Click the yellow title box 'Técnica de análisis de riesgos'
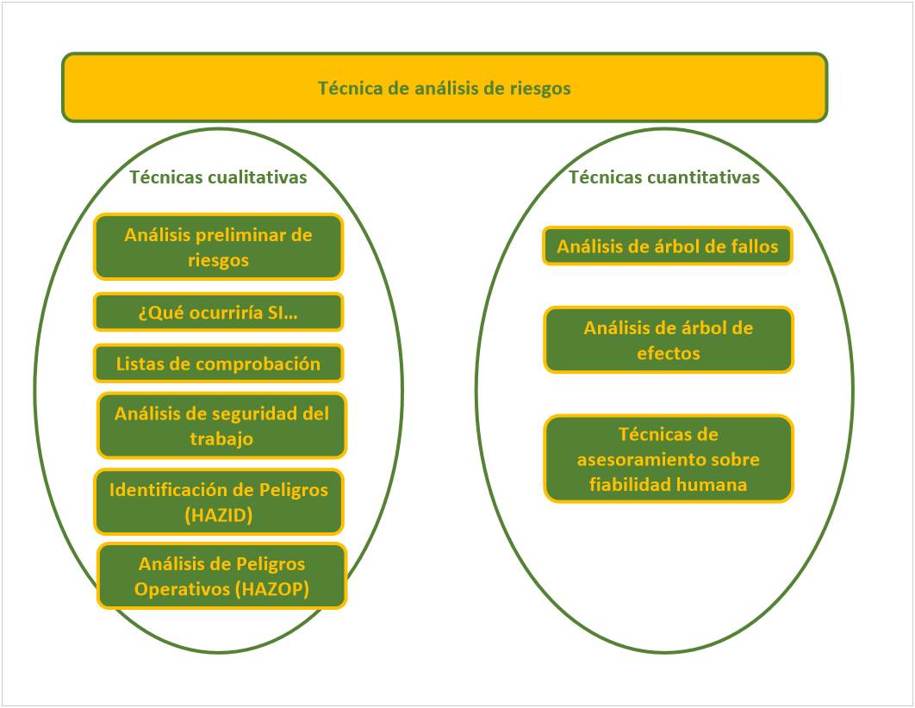pyautogui.click(x=444, y=88)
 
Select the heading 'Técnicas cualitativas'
pyautogui.click(x=218, y=177)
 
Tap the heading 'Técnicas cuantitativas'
pyautogui.click(x=663, y=177)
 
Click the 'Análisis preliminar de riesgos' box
pyautogui.click(x=218, y=247)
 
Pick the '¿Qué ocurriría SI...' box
pyautogui.click(x=218, y=313)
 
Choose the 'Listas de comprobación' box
pyautogui.click(x=218, y=363)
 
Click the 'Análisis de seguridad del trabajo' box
pyautogui.click(x=221, y=425)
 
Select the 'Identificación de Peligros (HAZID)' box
pyautogui.click(x=219, y=502)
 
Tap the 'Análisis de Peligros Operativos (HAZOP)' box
pyautogui.click(x=221, y=576)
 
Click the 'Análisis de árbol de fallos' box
pyautogui.click(x=667, y=247)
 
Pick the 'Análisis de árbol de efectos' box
pyautogui.click(x=668, y=340)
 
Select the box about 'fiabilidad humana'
pyautogui.click(x=668, y=459)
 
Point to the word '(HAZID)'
pyautogui.click(x=219, y=515)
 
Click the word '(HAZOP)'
pyautogui.click(x=271, y=589)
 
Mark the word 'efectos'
pyautogui.click(x=668, y=353)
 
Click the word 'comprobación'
pyautogui.click(x=259, y=363)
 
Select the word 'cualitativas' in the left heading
pyautogui.click(x=256, y=177)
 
